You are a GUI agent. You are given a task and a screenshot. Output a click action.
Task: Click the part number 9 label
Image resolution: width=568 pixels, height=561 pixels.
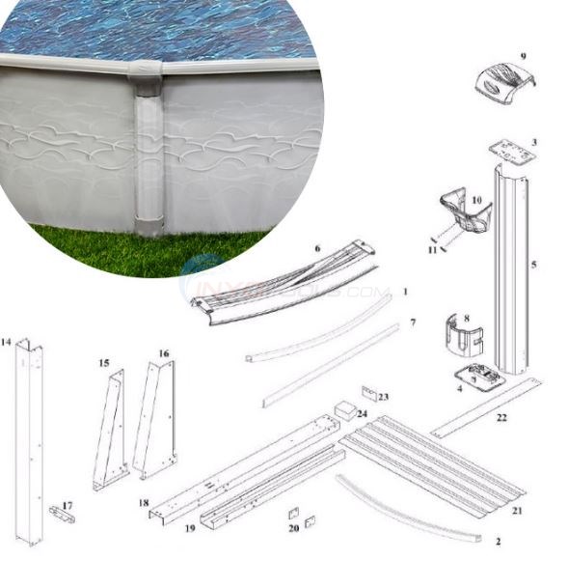pos(524,57)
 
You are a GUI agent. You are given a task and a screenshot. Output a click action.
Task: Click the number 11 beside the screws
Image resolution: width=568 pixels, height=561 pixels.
pos(433,250)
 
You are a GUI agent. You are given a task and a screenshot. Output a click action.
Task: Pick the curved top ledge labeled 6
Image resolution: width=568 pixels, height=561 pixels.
pos(280,281)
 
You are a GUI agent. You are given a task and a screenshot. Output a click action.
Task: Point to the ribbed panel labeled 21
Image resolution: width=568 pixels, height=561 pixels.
pos(444,459)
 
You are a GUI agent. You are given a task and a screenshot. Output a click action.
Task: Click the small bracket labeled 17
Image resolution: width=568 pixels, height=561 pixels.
pos(62,514)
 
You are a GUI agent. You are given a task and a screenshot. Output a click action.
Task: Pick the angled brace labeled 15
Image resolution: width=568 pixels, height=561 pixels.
pos(111,430)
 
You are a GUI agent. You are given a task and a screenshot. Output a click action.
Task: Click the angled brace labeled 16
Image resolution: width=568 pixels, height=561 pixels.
pos(155,420)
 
